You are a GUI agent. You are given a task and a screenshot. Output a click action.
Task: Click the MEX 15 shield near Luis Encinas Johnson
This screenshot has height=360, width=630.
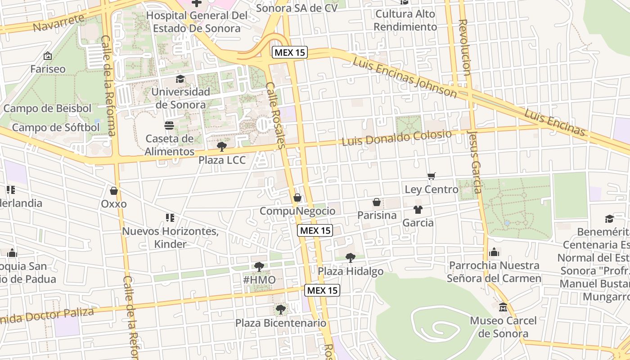(290, 52)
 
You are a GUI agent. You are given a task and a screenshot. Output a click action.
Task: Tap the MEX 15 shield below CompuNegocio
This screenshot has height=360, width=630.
(315, 230)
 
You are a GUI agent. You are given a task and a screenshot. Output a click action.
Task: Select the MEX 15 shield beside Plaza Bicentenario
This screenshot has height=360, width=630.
(322, 290)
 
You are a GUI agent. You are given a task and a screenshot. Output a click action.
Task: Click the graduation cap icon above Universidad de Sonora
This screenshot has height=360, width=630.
(180, 79)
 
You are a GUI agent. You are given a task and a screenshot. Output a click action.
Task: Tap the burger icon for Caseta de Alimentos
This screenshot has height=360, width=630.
(169, 126)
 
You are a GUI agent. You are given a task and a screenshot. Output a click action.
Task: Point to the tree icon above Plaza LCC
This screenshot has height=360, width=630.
(221, 146)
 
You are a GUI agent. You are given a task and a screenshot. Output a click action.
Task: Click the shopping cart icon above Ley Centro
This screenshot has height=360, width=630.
(432, 176)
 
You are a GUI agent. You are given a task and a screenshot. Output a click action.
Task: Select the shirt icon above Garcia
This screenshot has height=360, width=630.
(418, 209)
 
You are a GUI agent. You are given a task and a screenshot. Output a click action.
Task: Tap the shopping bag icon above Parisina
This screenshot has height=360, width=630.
(377, 202)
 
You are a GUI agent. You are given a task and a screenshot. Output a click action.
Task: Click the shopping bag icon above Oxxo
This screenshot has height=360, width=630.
(114, 191)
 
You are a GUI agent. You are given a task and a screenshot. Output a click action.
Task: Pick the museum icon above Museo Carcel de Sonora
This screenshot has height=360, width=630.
(503, 307)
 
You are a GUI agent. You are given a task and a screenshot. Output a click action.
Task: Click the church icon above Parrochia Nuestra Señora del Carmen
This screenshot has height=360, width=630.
(494, 252)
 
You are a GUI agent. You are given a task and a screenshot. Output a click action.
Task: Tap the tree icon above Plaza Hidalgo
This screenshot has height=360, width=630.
(350, 258)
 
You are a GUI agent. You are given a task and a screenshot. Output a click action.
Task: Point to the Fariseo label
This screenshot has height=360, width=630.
(48, 69)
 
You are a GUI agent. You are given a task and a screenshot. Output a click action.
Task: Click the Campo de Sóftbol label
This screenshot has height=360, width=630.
(56, 127)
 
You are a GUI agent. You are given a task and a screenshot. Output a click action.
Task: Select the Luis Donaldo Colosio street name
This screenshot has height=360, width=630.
(396, 138)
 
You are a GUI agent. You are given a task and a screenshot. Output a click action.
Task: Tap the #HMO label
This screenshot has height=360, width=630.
(259, 280)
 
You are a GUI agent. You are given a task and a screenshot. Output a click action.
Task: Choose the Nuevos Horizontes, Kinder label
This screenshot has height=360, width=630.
(170, 238)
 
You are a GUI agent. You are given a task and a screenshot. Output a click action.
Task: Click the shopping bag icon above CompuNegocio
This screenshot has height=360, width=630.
(297, 198)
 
